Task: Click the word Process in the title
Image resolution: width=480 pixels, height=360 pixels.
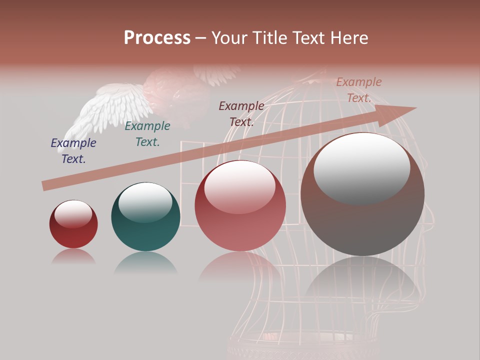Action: [157, 37]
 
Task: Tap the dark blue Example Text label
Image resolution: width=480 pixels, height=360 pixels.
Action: [73, 151]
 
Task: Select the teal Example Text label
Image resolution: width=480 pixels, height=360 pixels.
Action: [147, 134]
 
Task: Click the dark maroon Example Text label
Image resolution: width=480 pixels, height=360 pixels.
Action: [241, 113]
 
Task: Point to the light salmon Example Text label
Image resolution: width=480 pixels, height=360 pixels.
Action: [359, 90]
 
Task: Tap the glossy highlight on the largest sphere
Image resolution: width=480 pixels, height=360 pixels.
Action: [362, 167]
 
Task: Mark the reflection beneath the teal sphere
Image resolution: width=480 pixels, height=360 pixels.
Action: [145, 262]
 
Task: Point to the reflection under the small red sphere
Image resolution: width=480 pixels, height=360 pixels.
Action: [73, 257]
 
